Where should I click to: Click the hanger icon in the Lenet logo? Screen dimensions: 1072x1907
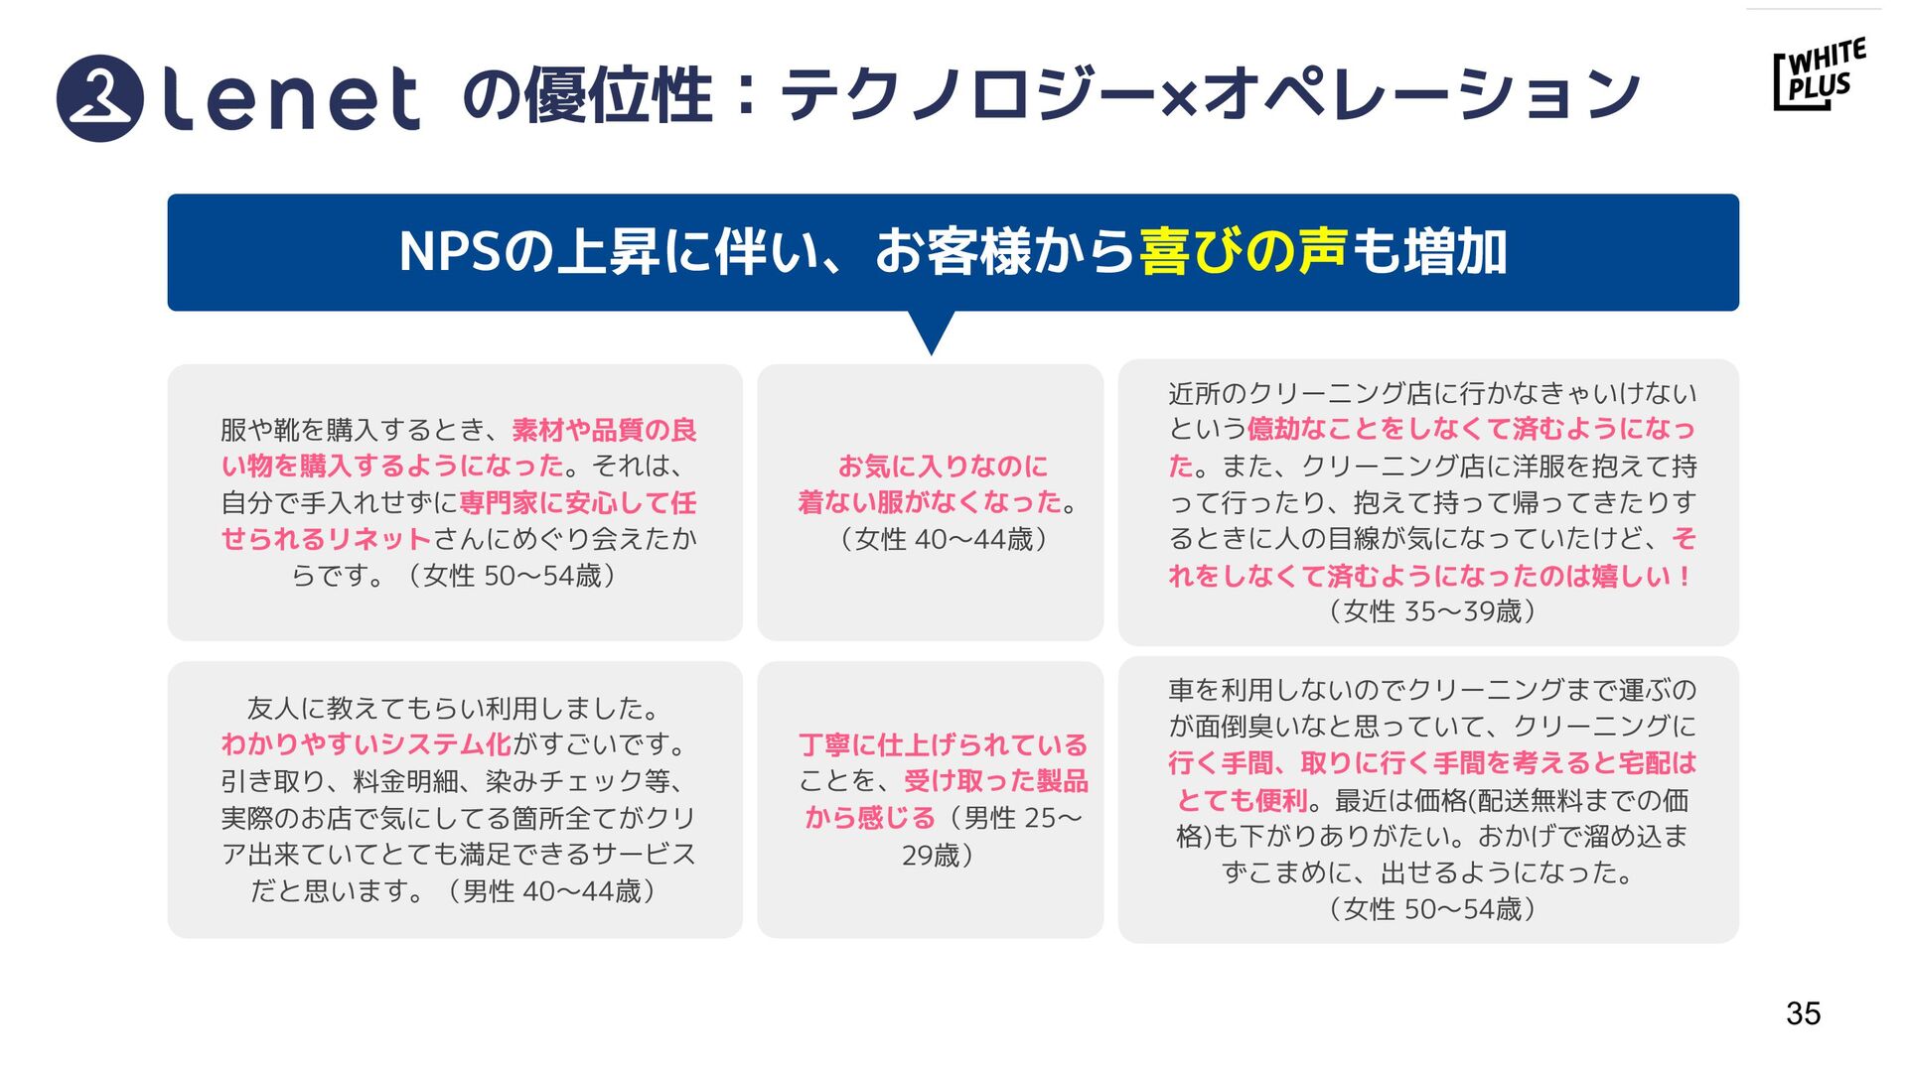pyautogui.click(x=99, y=98)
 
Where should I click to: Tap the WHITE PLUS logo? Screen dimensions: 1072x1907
pyautogui.click(x=1820, y=73)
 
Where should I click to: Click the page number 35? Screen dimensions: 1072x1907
pyautogui.click(x=1803, y=1013)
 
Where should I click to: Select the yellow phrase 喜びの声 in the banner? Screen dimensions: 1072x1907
pyautogui.click(x=1243, y=251)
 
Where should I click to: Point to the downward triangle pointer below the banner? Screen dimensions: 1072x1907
pyautogui.click(x=932, y=333)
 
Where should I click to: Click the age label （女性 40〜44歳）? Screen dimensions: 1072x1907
pyautogui.click(x=943, y=539)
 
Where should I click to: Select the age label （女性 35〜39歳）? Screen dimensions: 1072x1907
pyautogui.click(x=1431, y=611)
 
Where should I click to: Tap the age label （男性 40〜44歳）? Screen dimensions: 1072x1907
pyautogui.click(x=550, y=891)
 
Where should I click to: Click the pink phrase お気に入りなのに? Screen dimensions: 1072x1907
pyautogui.click(x=943, y=466)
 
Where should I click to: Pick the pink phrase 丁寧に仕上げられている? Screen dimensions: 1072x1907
pyautogui.click(x=943, y=744)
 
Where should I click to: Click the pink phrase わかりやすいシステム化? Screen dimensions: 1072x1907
pyautogui.click(x=366, y=744)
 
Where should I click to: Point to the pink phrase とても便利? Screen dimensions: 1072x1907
pyautogui.click(x=1242, y=800)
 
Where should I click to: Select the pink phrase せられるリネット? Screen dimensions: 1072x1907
pyautogui.click(x=326, y=539)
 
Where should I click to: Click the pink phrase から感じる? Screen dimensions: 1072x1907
pyautogui.click(x=870, y=818)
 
